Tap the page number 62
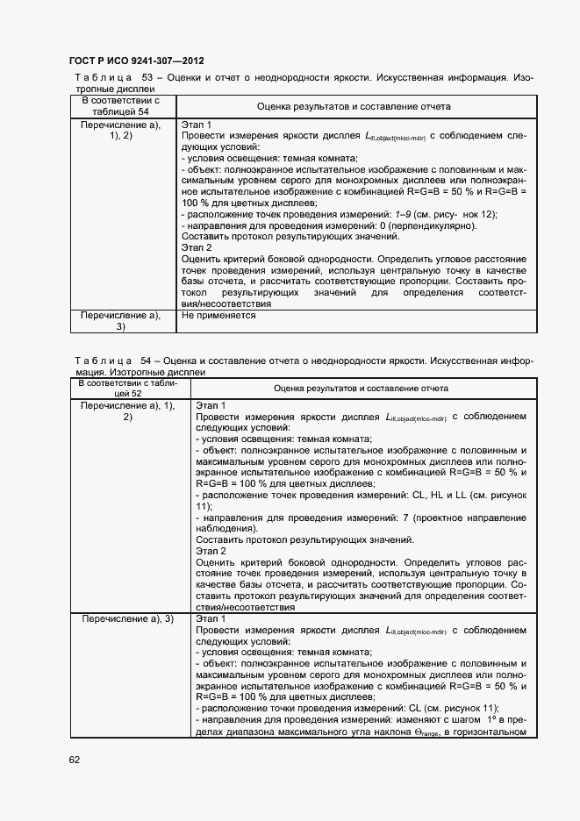75,760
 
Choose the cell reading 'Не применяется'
218,315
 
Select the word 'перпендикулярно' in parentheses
436,225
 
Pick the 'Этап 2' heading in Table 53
197,248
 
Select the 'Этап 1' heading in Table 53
197,125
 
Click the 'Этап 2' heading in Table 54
211,551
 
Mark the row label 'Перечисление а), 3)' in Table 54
128,619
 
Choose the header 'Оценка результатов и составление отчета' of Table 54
361,388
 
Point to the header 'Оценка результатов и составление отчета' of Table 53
354,106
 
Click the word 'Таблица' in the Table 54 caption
97,361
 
